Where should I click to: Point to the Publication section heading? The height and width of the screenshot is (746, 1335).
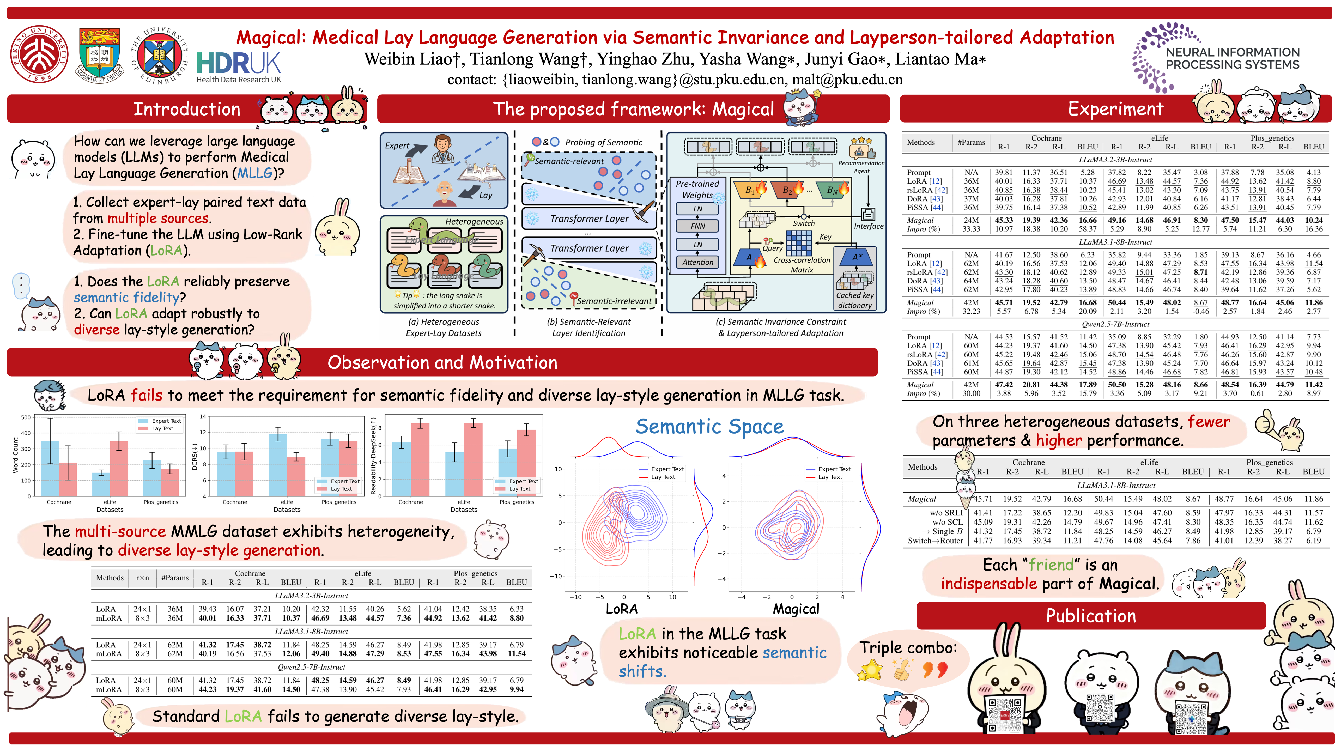1091,615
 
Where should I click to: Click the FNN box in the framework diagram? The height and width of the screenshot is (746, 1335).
697,226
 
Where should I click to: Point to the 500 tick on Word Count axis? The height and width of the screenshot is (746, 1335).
26,417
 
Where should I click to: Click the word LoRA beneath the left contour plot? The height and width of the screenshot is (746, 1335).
621,609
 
